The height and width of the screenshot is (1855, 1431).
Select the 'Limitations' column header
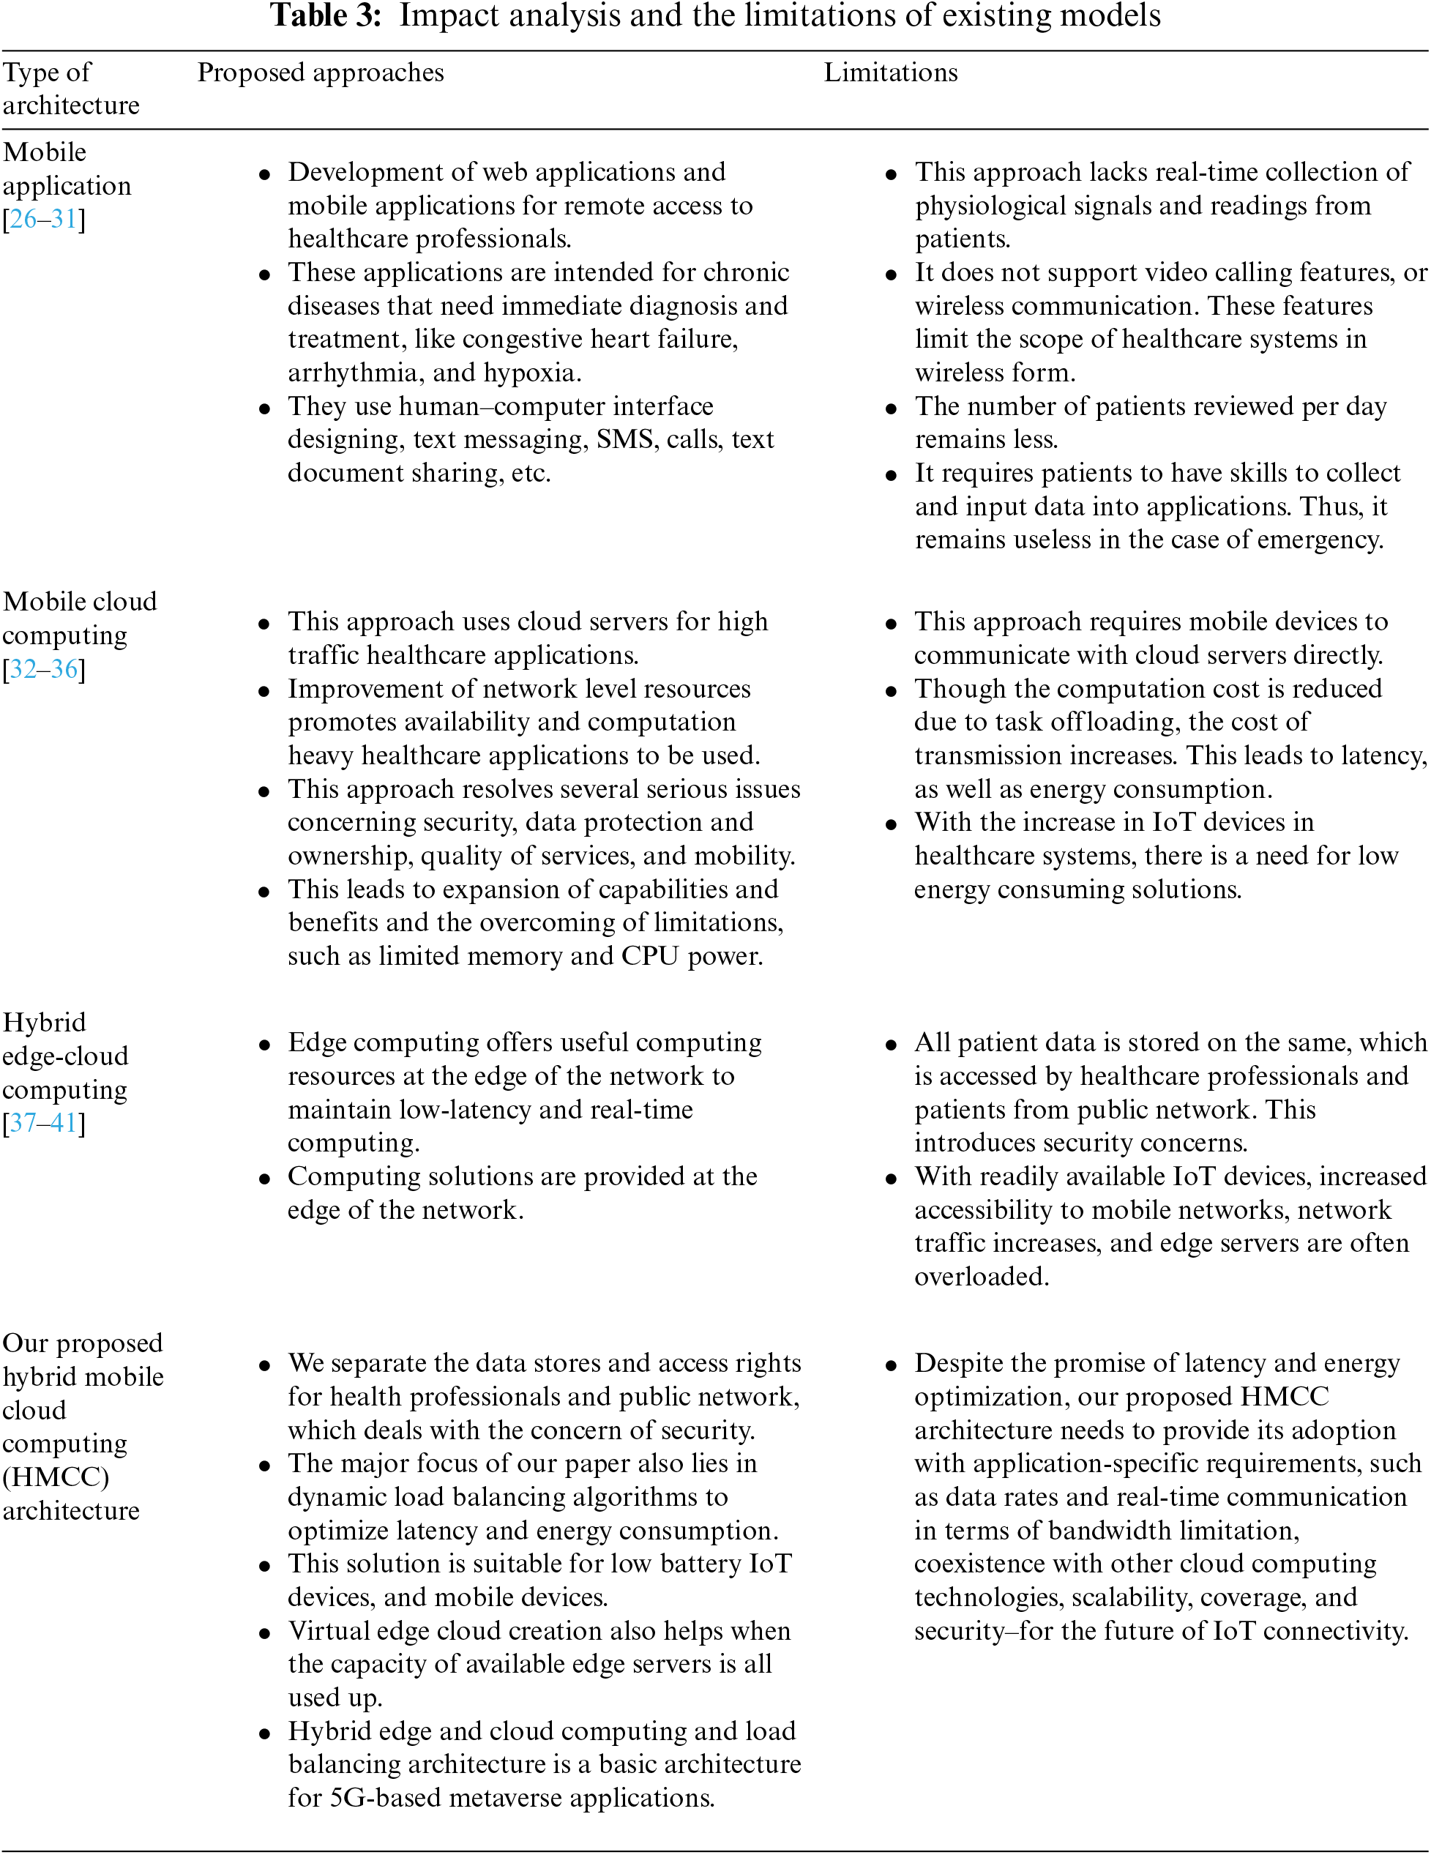[890, 73]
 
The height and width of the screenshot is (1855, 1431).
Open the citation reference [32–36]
[44, 669]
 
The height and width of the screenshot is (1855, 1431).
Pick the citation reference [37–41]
[44, 1123]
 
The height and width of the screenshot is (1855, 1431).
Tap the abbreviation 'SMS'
[627, 439]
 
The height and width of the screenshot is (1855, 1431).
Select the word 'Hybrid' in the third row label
[44, 1023]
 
